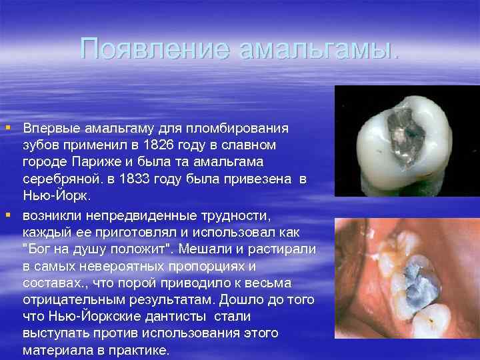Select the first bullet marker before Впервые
point(8,127)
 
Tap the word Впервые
point(49,127)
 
